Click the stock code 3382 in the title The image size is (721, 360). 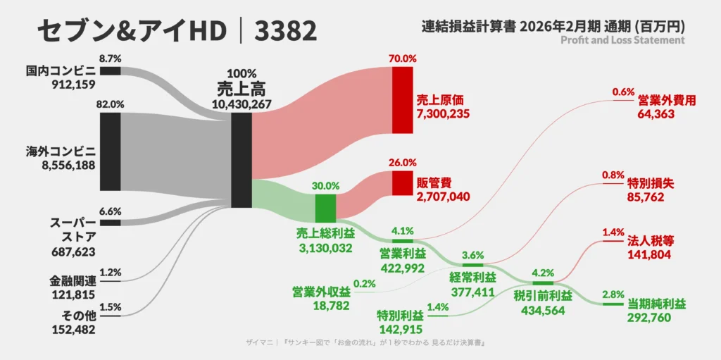click(285, 32)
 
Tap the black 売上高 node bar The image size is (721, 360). click(242, 160)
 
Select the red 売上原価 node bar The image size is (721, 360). click(402, 100)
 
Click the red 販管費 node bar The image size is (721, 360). click(402, 183)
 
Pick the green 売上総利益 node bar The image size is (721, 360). click(325, 209)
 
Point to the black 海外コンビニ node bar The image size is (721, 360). click(111, 151)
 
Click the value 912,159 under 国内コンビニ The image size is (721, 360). click(73, 85)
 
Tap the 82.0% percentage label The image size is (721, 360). click(110, 104)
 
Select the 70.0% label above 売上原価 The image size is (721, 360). click(402, 58)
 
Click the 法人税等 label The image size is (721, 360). click(646, 241)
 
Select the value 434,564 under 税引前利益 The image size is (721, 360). click(543, 310)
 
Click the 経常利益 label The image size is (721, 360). click(472, 278)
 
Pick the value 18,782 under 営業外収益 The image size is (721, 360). click(331, 306)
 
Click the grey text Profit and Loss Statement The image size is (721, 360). click(623, 40)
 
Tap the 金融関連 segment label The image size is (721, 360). click(73, 281)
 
